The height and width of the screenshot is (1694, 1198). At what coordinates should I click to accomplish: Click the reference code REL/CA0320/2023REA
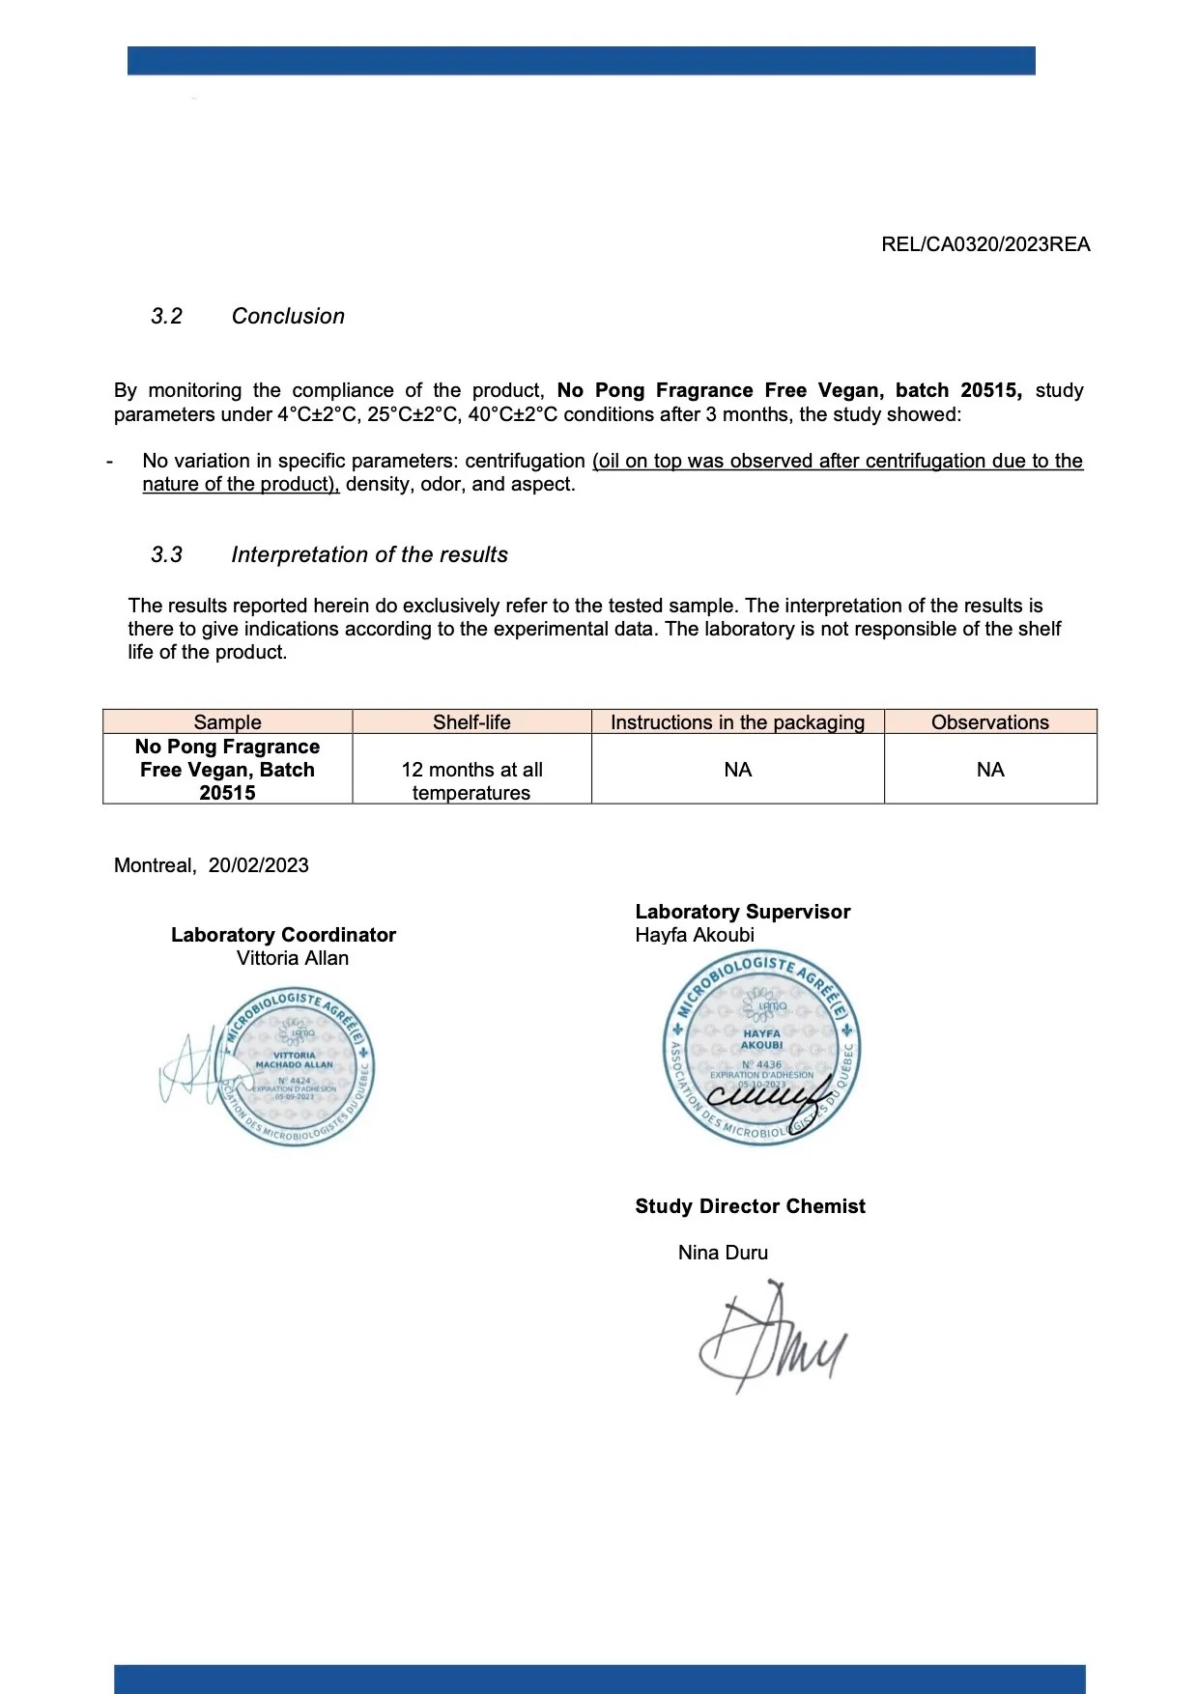(x=985, y=244)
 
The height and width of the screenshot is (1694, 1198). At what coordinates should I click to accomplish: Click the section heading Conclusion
(x=288, y=316)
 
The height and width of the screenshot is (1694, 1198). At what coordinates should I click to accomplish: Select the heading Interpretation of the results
(x=369, y=554)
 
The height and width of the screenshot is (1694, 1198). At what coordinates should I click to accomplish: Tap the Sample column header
(x=227, y=722)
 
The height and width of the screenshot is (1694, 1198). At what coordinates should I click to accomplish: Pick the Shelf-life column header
(x=471, y=722)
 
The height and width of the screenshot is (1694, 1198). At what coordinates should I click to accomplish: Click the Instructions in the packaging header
(x=737, y=722)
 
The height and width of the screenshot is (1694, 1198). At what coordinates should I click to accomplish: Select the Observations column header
(x=989, y=722)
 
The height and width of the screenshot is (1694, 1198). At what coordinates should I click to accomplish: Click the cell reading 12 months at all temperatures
(x=471, y=780)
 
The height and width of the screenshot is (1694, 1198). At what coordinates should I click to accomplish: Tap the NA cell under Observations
(x=989, y=770)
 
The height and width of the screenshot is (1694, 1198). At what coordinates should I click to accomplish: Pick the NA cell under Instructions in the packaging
(x=737, y=770)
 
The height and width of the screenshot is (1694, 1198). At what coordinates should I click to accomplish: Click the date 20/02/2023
(x=258, y=865)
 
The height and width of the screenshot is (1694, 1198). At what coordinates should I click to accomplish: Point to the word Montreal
(x=155, y=865)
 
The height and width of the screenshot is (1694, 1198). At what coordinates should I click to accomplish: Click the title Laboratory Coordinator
(x=283, y=935)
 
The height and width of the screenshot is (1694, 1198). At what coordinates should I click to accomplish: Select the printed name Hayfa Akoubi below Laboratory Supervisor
(x=695, y=935)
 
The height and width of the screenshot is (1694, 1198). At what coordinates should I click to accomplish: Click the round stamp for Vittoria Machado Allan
(x=296, y=1066)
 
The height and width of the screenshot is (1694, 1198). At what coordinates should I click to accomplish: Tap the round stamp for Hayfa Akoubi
(x=761, y=1049)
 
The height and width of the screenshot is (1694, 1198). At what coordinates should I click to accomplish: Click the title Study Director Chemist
(x=750, y=1206)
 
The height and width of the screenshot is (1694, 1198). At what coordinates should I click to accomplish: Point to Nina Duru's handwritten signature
(x=770, y=1339)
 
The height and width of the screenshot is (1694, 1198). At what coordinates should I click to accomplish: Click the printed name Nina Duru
(x=723, y=1253)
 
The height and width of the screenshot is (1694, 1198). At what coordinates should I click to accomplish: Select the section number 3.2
(x=166, y=316)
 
